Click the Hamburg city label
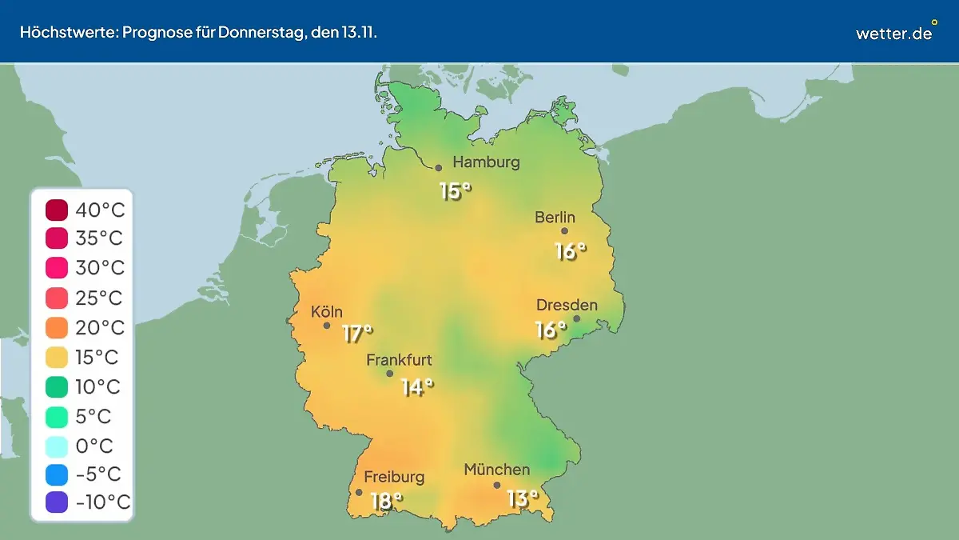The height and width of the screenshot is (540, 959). click(486, 162)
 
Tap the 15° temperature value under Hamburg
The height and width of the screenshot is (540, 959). click(455, 191)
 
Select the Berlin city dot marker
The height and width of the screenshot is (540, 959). click(564, 231)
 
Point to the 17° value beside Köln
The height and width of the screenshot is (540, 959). click(357, 333)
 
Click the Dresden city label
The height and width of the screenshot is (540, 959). click(567, 305)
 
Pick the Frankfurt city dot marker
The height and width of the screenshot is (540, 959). click(390, 374)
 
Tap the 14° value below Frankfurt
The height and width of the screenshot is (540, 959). click(416, 387)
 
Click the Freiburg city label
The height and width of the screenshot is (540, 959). click(394, 477)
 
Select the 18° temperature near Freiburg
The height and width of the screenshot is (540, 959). click(386, 502)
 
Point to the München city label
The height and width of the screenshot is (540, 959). click(496, 470)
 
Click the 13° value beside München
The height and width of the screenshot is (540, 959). click(523, 498)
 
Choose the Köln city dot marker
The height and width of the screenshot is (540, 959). click(327, 326)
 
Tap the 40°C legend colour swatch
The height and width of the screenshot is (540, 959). click(57, 210)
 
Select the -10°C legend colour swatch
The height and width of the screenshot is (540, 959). click(57, 502)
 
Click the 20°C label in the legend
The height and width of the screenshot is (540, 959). click(100, 328)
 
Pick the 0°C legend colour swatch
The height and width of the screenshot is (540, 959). click(57, 446)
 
